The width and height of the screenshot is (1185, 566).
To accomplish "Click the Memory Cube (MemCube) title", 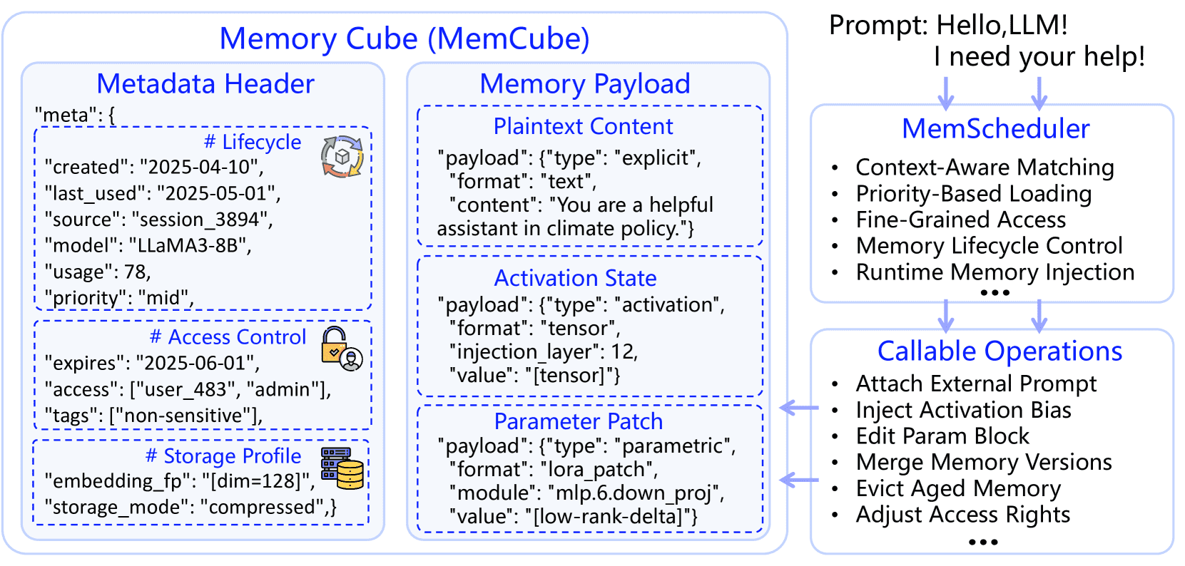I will coord(404,38).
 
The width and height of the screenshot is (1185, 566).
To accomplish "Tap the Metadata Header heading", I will coord(205,84).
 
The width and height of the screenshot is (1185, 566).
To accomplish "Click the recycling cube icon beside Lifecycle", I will coord(342,156).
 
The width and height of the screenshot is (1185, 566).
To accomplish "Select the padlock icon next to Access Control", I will coord(342,349).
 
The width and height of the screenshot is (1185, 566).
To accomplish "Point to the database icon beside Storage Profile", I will coord(342,468).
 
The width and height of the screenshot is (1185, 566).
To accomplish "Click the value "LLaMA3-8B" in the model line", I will coord(189,246).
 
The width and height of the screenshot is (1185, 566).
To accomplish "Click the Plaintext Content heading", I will coord(583,127).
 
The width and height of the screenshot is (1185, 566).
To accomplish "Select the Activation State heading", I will coord(575,278).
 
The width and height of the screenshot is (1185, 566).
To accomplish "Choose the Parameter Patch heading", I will coord(578,421).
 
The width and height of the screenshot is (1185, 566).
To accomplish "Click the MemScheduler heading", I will coord(995,129).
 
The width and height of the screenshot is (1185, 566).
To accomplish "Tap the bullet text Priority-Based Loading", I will coord(973,194).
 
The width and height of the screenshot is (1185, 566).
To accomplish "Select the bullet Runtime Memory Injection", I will coord(995,272).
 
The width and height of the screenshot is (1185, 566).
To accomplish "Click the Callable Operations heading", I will coord(1000,351).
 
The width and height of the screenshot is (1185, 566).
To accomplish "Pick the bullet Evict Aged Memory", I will coord(958,489).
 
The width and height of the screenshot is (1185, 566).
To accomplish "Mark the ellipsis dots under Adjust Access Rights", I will coord(983,542).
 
